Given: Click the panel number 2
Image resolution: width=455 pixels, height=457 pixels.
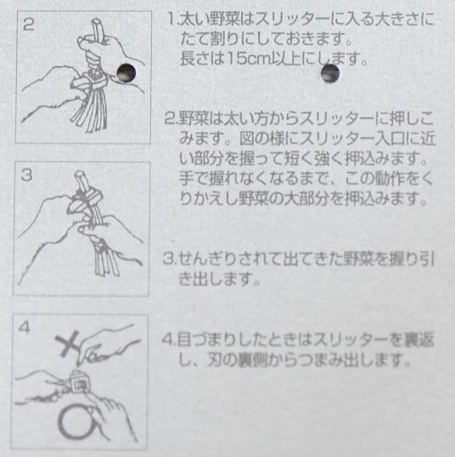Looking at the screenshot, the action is click(28, 24).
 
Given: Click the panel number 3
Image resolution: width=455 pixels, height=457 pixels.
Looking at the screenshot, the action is click(26, 176).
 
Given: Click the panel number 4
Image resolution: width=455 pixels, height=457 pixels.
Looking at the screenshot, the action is click(24, 327).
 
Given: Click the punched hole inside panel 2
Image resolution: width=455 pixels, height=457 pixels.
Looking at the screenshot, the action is click(126, 72).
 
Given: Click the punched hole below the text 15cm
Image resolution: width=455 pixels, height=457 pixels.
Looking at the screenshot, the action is click(330, 73).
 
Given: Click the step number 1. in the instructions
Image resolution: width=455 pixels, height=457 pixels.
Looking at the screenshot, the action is click(172, 20).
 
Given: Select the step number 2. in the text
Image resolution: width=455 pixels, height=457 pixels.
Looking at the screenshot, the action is click(171, 118).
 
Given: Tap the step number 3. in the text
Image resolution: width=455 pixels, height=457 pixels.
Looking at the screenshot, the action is click(169, 258).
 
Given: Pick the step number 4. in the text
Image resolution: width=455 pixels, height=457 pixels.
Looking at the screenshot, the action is click(169, 339).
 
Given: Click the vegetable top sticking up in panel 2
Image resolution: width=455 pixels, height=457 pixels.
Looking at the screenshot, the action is click(97, 29).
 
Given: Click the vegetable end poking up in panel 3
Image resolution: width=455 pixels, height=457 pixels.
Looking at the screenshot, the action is click(81, 180).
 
